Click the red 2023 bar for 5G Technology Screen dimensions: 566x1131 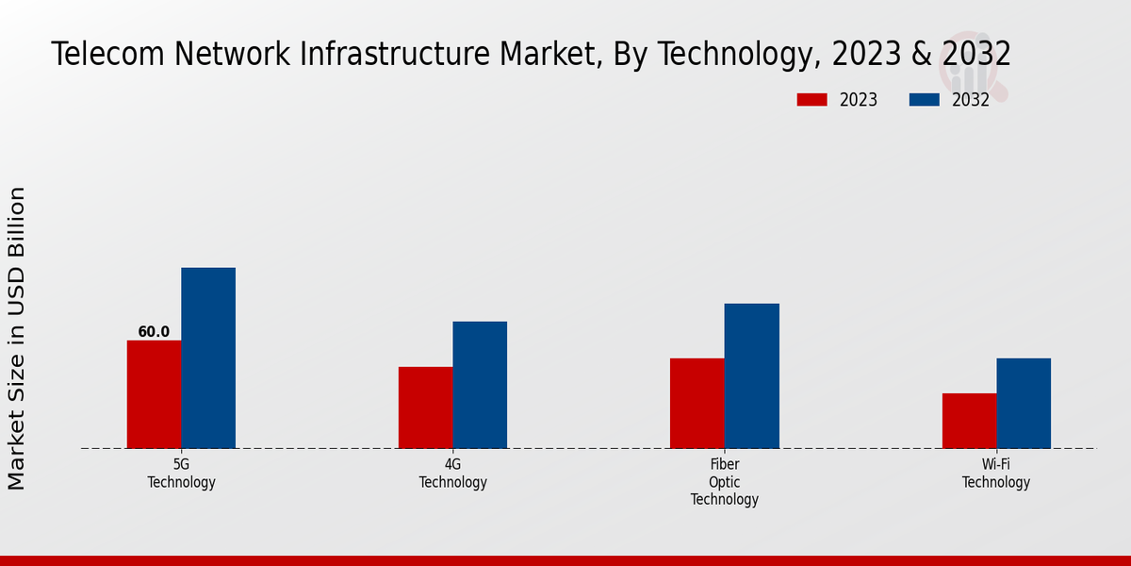click(x=154, y=394)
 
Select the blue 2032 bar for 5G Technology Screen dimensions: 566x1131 click(x=208, y=358)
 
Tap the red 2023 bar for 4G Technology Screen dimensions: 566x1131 click(x=425, y=408)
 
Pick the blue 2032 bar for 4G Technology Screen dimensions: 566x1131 click(x=480, y=385)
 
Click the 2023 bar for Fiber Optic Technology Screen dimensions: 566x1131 click(x=697, y=403)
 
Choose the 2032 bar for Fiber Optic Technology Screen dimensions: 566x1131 click(x=752, y=375)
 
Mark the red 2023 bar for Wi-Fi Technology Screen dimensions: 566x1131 click(x=969, y=421)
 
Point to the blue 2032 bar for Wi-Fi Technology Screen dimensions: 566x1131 click(x=1024, y=403)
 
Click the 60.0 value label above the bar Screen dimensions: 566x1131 click(x=154, y=332)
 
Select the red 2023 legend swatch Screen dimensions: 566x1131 click(x=811, y=100)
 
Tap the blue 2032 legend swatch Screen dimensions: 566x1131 click(x=924, y=100)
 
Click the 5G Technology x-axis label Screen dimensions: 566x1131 click(x=181, y=474)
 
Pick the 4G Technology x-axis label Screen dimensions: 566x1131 click(x=452, y=474)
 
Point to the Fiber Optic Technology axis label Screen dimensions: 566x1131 click(x=725, y=482)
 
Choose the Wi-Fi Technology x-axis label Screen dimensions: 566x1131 click(x=996, y=474)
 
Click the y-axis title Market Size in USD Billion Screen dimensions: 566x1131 click(x=17, y=338)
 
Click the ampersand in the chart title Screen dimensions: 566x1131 click(x=920, y=55)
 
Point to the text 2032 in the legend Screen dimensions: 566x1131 click(x=971, y=100)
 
